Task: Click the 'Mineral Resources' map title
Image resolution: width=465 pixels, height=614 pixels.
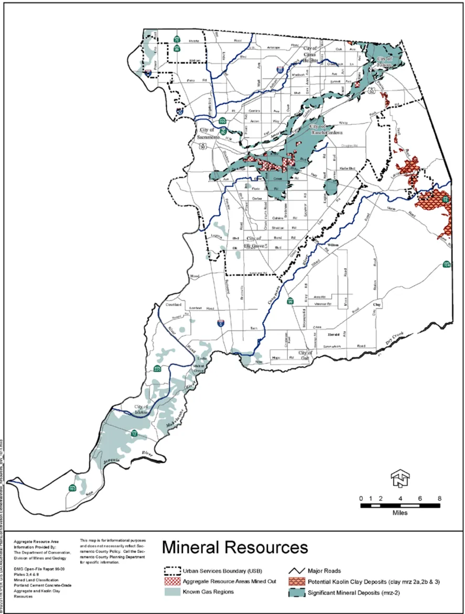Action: [x=234, y=547]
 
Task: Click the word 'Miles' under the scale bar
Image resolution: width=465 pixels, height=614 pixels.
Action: [x=400, y=513]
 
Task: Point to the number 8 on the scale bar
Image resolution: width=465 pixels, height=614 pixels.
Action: [x=439, y=498]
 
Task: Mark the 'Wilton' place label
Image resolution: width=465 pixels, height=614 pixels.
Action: [x=333, y=245]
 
